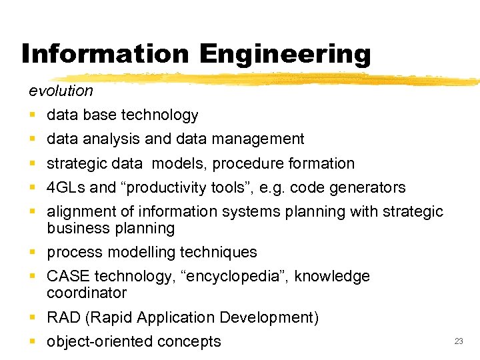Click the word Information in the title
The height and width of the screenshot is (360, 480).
[104, 53]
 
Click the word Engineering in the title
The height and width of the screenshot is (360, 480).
[283, 53]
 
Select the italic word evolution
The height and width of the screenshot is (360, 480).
[61, 90]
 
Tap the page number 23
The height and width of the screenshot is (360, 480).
[458, 341]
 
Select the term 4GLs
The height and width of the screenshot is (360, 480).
[66, 187]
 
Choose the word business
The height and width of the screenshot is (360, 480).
[75, 228]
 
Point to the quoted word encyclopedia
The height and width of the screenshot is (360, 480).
[232, 276]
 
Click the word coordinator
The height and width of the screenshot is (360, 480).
[87, 293]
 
